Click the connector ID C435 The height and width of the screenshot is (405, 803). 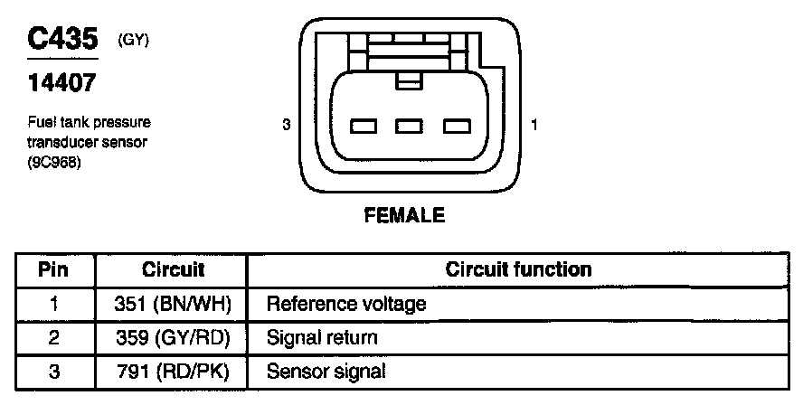point(62,40)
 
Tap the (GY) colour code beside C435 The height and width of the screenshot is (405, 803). point(134,40)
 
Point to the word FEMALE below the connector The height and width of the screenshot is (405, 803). point(404,216)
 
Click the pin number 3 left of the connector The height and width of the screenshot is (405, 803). point(286,126)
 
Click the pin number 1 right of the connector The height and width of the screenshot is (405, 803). point(535,126)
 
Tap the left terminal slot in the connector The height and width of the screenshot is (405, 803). point(364,126)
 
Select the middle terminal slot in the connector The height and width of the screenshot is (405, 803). point(409,126)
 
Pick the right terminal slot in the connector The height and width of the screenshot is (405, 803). point(455,126)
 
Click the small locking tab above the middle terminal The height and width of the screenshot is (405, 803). point(409,82)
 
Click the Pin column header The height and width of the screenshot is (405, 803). point(53,269)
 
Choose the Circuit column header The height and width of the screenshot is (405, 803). point(174,269)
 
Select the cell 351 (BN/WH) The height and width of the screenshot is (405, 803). point(174,304)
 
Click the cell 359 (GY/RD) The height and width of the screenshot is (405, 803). point(174,337)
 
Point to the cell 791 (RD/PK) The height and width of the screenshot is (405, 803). point(174,371)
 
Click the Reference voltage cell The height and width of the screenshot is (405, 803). point(345,304)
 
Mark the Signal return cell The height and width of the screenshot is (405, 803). point(321,337)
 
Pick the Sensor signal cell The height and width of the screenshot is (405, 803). point(326,371)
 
